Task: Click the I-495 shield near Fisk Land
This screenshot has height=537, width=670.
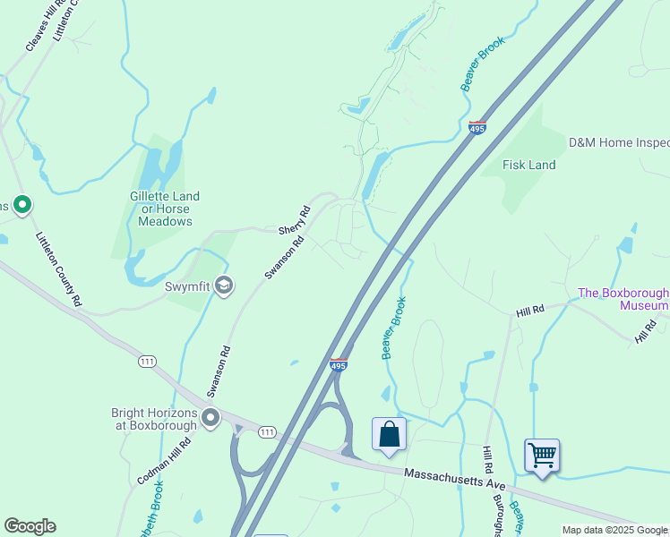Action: pyautogui.click(x=477, y=128)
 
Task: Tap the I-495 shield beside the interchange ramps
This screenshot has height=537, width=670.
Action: pyautogui.click(x=338, y=364)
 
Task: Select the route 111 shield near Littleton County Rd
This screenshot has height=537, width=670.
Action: pyautogui.click(x=148, y=361)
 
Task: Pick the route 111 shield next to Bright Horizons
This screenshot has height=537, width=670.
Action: pyautogui.click(x=267, y=432)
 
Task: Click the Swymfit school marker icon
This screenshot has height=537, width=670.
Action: pyautogui.click(x=223, y=286)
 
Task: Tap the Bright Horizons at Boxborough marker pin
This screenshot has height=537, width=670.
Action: pyautogui.click(x=210, y=418)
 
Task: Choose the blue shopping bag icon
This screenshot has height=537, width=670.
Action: pyautogui.click(x=390, y=435)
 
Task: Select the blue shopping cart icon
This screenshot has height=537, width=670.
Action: pyautogui.click(x=542, y=455)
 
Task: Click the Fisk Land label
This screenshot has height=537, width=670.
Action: pyautogui.click(x=528, y=165)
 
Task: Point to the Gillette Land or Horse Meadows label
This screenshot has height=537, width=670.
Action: pyautogui.click(x=165, y=209)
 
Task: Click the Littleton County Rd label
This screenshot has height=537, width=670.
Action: pyautogui.click(x=58, y=270)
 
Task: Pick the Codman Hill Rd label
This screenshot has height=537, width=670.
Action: pyautogui.click(x=165, y=462)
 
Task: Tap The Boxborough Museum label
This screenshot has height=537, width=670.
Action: pyautogui.click(x=623, y=299)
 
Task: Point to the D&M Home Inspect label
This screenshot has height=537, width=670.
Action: pyautogui.click(x=619, y=143)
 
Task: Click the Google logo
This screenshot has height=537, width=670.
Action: pyautogui.click(x=30, y=526)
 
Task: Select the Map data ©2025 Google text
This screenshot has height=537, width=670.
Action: pyautogui.click(x=614, y=530)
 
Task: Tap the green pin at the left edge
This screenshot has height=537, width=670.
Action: pyautogui.click(x=22, y=206)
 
